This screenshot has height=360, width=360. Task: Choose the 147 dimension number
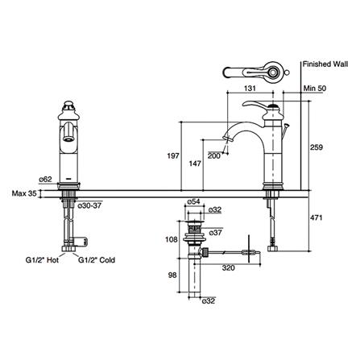click(196, 162)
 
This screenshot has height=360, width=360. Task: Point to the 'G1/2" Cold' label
click(97, 260)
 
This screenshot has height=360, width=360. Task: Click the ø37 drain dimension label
click(216, 233)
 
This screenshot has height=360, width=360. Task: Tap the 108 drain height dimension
click(171, 239)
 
